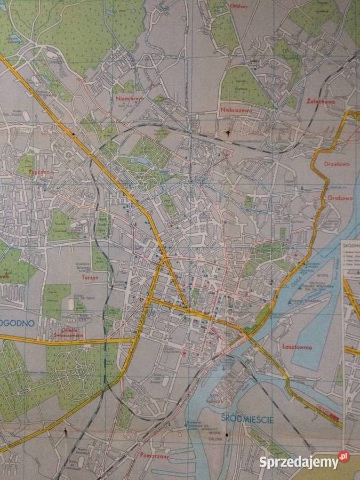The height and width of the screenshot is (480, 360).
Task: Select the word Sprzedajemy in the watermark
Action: pos(299,462)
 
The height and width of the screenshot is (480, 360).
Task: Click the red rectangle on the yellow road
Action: pos(334,416)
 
